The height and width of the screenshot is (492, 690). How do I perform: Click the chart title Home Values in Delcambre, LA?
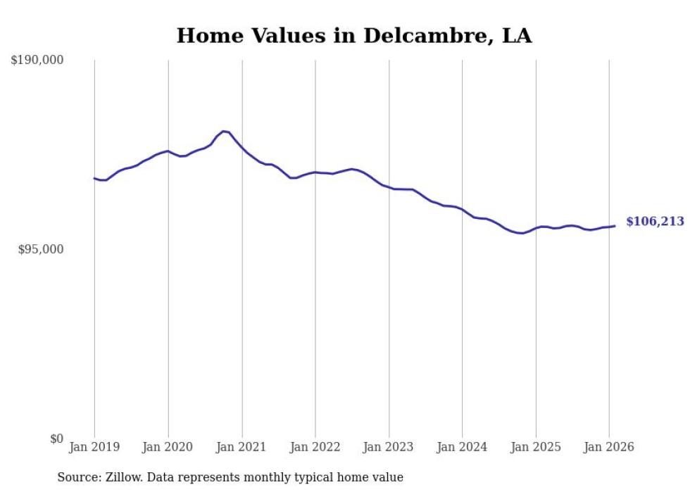pos(353,35)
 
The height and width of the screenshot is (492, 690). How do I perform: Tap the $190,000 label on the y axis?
pos(37,61)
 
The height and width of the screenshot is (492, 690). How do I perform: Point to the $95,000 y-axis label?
pos(40,249)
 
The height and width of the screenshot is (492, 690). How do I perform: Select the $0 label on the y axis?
pos(56,439)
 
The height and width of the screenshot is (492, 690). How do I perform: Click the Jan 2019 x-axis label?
pos(94,447)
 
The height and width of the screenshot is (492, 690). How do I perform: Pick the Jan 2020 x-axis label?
pos(168,447)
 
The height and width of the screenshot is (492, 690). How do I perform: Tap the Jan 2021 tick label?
pos(242,447)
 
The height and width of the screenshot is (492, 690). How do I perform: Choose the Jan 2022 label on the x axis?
pos(315,447)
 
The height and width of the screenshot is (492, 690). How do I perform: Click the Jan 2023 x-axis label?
pos(389,447)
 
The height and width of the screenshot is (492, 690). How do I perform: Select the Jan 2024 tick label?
pos(462,447)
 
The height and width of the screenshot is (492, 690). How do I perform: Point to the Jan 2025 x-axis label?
pos(536,447)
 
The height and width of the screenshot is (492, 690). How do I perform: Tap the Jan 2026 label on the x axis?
pos(609,447)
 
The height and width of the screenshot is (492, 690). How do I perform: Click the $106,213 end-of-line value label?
pos(654,222)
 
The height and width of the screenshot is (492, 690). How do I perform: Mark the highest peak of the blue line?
pos(224,131)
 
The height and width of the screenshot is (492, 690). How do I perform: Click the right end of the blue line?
pos(615,226)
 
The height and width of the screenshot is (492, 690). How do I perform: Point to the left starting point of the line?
pos(94,178)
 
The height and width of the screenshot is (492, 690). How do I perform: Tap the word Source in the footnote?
pos(76,478)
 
